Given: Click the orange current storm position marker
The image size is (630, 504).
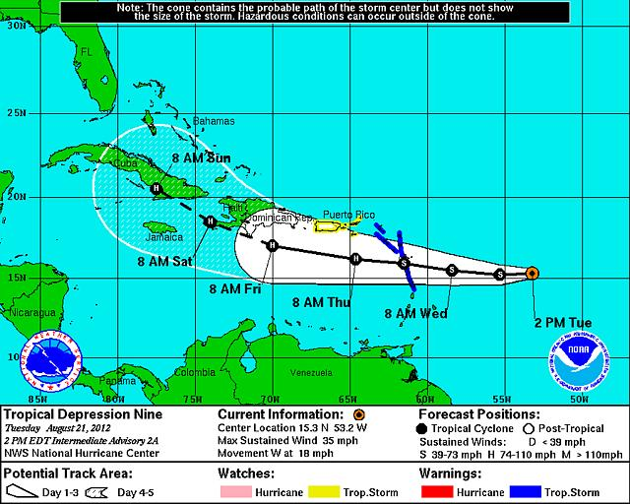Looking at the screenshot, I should [x=532, y=272].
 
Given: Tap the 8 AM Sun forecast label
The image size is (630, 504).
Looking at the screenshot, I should [x=201, y=157].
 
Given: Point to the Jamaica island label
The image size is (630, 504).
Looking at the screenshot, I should [x=157, y=236].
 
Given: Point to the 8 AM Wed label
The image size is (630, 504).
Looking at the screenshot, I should [x=415, y=314].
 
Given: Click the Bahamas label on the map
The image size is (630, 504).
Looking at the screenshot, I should [x=214, y=121].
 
